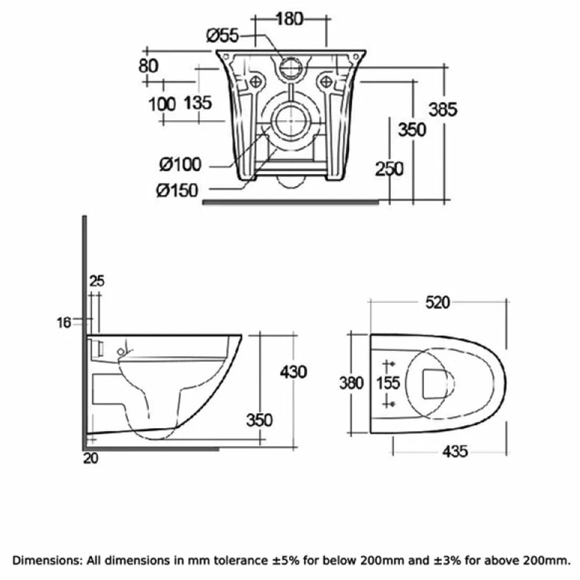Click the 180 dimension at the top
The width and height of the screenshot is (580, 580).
[289, 19]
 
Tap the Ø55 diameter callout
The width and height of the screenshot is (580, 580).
[223, 36]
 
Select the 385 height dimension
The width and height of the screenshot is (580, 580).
[443, 108]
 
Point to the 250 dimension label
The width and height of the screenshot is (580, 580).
[389, 169]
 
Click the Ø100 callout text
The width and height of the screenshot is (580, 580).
[180, 165]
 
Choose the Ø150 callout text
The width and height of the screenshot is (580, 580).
[177, 190]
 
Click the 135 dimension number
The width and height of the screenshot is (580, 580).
[198, 104]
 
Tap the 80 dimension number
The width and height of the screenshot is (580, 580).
[148, 66]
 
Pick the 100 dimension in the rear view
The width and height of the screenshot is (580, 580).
[162, 104]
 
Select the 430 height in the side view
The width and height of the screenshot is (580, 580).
[293, 371]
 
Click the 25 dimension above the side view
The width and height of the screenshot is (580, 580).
[97, 281]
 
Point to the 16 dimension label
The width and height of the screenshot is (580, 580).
[64, 322]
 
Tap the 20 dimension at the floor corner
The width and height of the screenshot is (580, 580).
[90, 458]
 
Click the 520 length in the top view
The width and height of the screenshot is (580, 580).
[437, 302]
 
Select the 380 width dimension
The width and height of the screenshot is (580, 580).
[351, 383]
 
